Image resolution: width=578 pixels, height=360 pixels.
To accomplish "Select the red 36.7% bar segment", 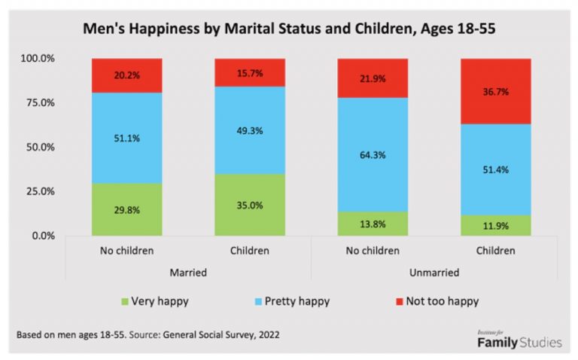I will pyautogui.click(x=495, y=90).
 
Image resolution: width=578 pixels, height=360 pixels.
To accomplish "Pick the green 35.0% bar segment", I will pyautogui.click(x=249, y=204).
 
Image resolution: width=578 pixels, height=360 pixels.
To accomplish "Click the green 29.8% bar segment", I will pyautogui.click(x=126, y=208).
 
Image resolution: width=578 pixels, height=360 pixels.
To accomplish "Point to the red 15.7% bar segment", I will pyautogui.click(x=249, y=72).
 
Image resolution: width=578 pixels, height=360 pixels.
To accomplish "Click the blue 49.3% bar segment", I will pyautogui.click(x=249, y=130).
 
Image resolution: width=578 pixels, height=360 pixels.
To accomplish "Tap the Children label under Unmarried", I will pyautogui.click(x=495, y=250).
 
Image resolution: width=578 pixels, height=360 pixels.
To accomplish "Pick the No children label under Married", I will pyautogui.click(x=126, y=250).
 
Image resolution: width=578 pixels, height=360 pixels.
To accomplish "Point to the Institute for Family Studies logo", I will pyautogui.click(x=519, y=340).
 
